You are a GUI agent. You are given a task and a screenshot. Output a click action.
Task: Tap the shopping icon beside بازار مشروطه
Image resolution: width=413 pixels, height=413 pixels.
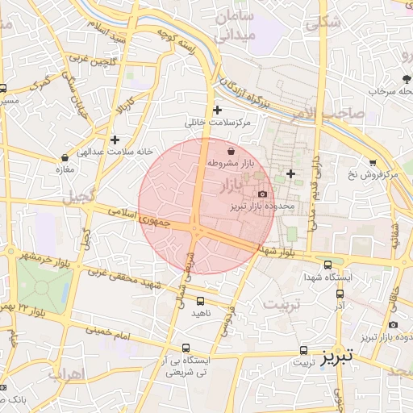[x=232, y=151]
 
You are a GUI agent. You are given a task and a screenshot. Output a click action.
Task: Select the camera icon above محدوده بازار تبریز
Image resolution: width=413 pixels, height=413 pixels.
[x=262, y=194]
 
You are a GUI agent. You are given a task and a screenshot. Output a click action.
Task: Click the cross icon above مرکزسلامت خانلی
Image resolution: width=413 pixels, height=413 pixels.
[x=217, y=111]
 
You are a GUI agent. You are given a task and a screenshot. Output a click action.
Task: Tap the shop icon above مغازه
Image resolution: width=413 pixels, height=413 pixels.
[x=65, y=158]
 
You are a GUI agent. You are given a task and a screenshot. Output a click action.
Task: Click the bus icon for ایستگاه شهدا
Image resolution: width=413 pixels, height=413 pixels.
[x=327, y=265]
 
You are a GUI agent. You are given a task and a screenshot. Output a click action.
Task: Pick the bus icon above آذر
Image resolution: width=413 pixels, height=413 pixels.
[x=339, y=294]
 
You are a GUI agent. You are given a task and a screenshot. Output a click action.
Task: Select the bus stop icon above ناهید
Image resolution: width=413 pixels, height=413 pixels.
[x=200, y=300]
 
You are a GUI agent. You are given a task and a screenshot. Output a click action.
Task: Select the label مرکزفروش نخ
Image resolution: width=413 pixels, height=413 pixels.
[x=368, y=174]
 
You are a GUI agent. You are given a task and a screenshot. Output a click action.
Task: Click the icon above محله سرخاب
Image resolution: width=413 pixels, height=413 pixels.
[x=406, y=79]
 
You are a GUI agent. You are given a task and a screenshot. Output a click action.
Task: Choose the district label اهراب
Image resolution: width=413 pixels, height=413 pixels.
[x=66, y=373]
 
